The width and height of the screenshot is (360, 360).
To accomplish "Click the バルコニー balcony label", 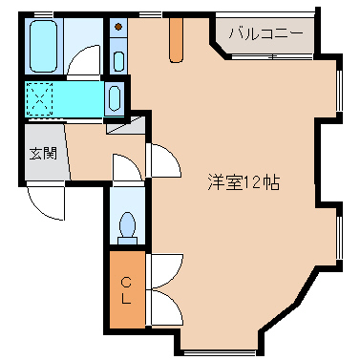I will click(265, 37).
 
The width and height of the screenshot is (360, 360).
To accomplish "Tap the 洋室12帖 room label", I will click(244, 181).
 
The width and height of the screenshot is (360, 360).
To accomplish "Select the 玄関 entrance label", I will click(42, 153).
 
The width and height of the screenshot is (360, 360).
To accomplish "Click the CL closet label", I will click(127, 287).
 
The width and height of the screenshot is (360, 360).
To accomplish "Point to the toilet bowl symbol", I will click(127, 225).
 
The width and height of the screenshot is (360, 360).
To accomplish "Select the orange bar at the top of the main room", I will click(176, 38).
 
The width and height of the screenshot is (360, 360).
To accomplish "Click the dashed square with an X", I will click(41, 97).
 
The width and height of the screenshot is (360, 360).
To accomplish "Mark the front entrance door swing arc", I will click(44, 201).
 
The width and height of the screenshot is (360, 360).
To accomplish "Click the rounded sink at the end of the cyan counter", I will click(115, 98).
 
